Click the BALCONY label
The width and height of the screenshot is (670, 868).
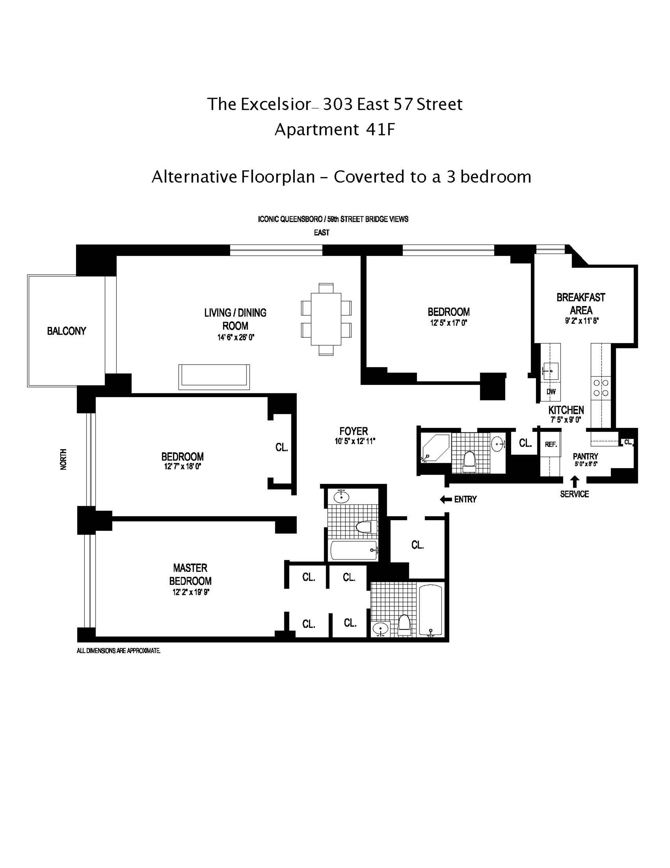click(66, 331)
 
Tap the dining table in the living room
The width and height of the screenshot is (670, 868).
click(326, 319)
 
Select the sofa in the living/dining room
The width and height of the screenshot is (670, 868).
click(214, 377)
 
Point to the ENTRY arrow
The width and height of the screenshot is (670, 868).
click(446, 499)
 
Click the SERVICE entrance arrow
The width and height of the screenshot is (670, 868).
click(574, 482)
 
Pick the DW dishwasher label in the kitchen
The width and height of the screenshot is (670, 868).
click(551, 392)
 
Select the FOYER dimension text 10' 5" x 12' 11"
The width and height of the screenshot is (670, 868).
click(353, 441)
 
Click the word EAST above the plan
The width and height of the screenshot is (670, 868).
click(321, 233)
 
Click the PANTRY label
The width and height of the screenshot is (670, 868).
click(585, 457)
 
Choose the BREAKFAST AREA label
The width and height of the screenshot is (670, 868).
click(581, 304)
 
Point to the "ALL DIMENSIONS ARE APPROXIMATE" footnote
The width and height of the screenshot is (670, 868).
click(118, 651)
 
